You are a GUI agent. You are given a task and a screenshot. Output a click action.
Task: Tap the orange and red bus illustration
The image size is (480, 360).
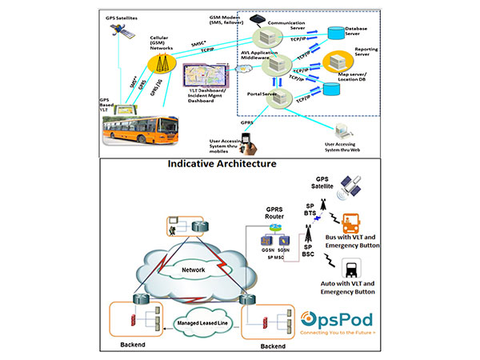[x=151, y=130]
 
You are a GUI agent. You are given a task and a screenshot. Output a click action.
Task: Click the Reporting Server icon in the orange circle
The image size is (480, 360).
[x=334, y=61]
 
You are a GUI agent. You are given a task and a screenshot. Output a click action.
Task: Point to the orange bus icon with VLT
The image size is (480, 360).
[x=350, y=226]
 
